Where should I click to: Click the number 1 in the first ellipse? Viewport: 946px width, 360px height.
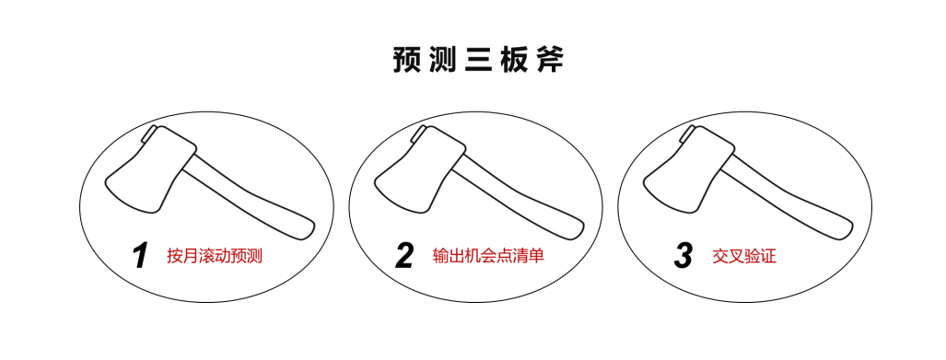click(x=140, y=256)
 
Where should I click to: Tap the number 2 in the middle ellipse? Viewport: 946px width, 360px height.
click(x=404, y=256)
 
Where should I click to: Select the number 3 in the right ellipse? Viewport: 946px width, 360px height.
click(x=683, y=256)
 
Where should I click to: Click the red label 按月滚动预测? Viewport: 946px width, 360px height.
click(x=215, y=256)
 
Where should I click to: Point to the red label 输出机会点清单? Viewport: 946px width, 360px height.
click(x=488, y=255)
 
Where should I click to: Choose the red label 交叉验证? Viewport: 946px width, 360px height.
click(x=744, y=256)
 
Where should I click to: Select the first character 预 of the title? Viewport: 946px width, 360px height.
click(x=407, y=61)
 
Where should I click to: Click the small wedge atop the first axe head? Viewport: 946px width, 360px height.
click(x=150, y=134)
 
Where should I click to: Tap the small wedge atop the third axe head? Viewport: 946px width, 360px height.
click(x=687, y=134)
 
